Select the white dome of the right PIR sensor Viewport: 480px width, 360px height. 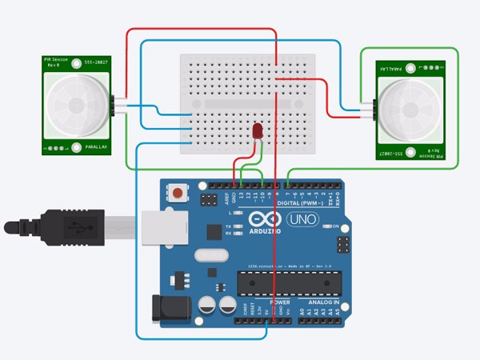click(x=407, y=106)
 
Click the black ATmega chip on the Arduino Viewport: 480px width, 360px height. click(x=289, y=282)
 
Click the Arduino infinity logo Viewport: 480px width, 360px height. click(x=263, y=220)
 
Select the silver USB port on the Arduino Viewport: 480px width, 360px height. click(x=163, y=228)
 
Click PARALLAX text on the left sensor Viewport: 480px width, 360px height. click(x=90, y=146)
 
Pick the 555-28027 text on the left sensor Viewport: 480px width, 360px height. click(x=93, y=61)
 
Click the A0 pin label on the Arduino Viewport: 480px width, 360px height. click(x=302, y=310)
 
